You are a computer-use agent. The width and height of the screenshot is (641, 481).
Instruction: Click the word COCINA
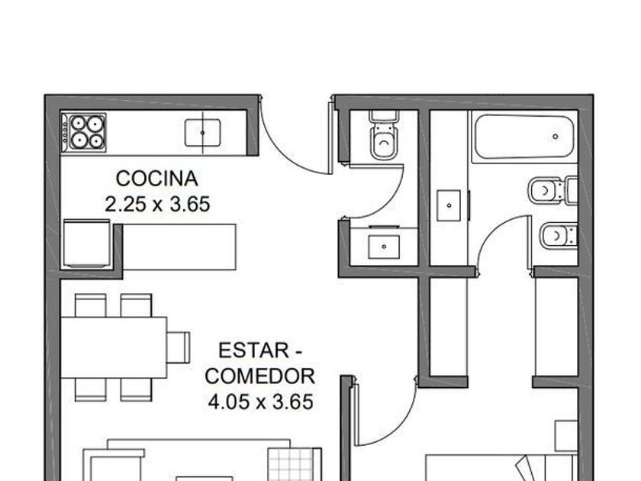[x=157, y=179]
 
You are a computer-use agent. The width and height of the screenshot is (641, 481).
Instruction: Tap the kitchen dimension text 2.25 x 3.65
[x=157, y=204]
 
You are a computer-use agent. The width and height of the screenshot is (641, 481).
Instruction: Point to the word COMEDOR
[x=260, y=376]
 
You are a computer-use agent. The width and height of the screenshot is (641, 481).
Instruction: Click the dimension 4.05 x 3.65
[x=260, y=402]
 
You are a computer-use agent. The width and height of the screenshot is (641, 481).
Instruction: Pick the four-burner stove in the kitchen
[x=84, y=132]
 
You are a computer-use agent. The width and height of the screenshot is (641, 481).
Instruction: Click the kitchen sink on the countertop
[x=203, y=133]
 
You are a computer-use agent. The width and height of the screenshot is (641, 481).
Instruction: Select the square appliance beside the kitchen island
[x=87, y=244]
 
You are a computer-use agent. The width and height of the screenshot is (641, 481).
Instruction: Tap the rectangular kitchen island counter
[x=179, y=247]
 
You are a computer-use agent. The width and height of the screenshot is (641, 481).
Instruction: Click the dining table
[x=114, y=347]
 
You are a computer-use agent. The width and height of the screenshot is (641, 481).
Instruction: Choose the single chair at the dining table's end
[x=179, y=347]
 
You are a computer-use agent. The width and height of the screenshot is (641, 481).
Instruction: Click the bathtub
[x=524, y=137]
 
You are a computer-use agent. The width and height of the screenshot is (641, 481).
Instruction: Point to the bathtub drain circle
[x=556, y=136]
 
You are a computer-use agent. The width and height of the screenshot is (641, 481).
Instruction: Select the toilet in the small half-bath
[x=384, y=135]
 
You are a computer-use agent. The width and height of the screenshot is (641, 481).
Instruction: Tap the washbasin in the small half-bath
[x=384, y=247]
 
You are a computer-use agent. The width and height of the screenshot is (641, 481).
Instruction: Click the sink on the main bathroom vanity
[x=449, y=205]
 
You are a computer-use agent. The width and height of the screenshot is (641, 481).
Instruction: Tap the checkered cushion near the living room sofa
[x=292, y=465]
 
